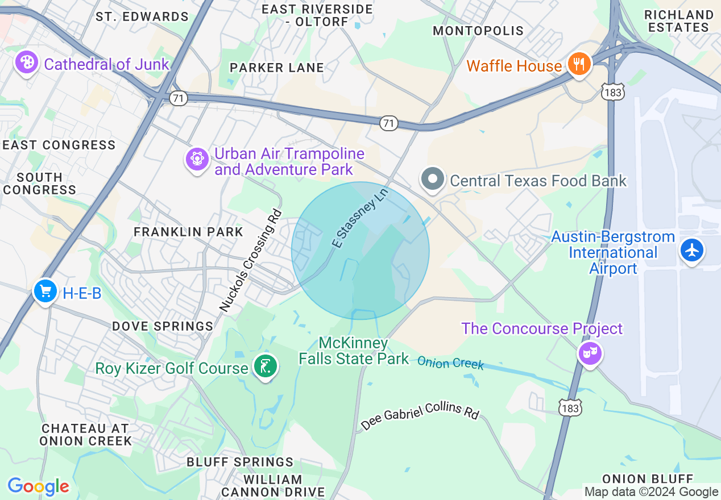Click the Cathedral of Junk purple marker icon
click(26, 62)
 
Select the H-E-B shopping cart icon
click(44, 291)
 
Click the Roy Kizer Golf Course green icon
click(265, 366)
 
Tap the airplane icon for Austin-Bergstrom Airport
click(692, 249)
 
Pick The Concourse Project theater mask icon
click(590, 353)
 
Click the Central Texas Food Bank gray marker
click(433, 180)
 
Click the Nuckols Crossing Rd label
click(251, 261)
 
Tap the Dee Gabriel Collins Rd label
click(420, 415)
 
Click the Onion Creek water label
click(450, 363)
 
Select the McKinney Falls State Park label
click(354, 351)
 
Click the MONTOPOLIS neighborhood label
click(478, 31)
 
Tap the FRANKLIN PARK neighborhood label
click(188, 232)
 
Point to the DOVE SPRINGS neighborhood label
click(163, 326)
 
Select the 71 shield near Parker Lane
click(179, 98)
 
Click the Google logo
click(38, 486)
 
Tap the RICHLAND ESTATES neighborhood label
click(678, 20)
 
